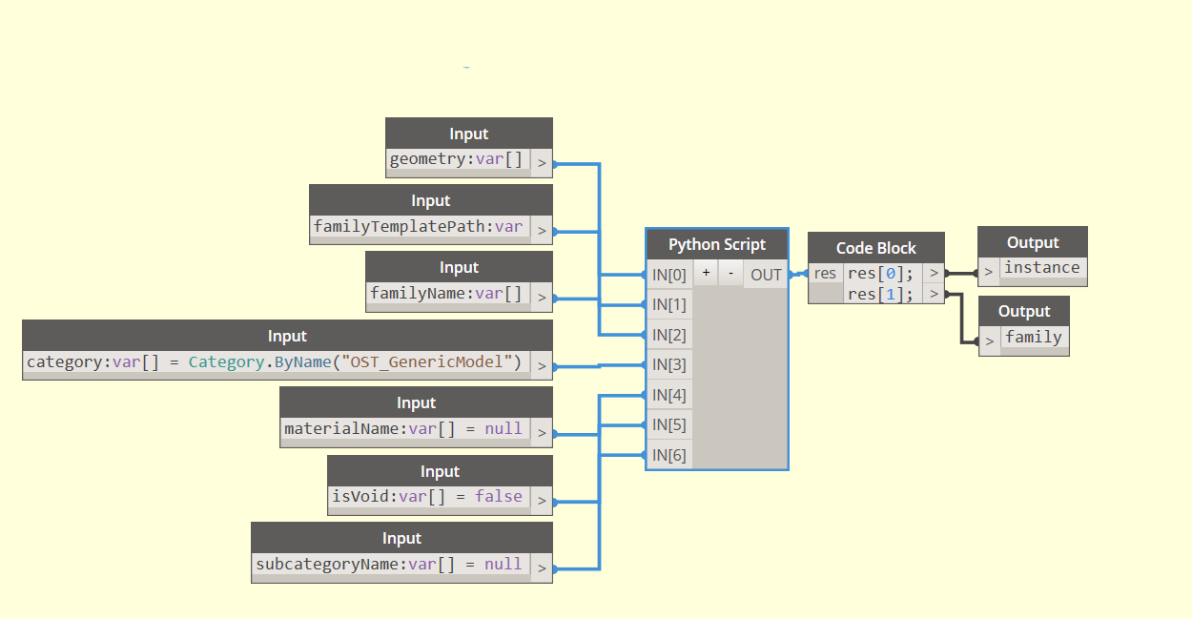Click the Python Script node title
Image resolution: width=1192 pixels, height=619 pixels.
(x=717, y=244)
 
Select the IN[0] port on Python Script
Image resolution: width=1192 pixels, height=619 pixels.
(x=669, y=275)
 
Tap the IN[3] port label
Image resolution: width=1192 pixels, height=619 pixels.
(x=668, y=364)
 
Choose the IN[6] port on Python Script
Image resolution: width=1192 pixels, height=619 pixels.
(x=669, y=455)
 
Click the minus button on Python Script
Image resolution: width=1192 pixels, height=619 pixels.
(x=730, y=273)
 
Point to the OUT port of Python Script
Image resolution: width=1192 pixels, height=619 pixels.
(x=766, y=275)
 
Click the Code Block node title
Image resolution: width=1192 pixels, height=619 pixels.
(x=876, y=248)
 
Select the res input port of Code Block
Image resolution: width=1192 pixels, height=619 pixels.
(x=826, y=274)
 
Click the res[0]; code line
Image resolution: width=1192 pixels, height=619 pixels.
(x=880, y=274)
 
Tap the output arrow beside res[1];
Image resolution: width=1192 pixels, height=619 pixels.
(x=934, y=294)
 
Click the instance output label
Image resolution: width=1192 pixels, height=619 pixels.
(x=1042, y=267)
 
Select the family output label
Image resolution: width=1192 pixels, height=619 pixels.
(x=1034, y=337)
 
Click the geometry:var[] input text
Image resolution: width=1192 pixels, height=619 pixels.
(x=456, y=159)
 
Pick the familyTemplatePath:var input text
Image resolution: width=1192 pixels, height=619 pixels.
(x=418, y=226)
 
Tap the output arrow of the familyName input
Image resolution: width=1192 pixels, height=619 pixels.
(x=542, y=297)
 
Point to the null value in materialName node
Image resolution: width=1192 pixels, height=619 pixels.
(x=503, y=428)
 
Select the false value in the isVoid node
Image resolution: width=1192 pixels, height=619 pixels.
(x=499, y=496)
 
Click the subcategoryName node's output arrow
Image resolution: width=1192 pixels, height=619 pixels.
(x=542, y=567)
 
